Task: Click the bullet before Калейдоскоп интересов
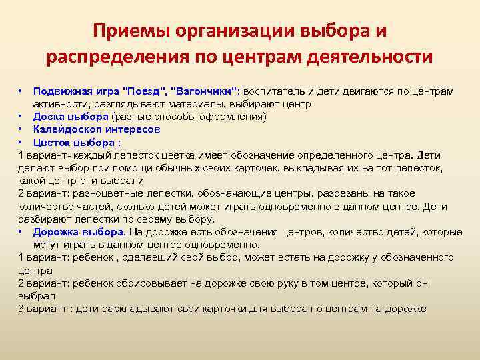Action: [21, 129]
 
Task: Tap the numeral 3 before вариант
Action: [21, 309]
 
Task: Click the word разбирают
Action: [43, 219]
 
